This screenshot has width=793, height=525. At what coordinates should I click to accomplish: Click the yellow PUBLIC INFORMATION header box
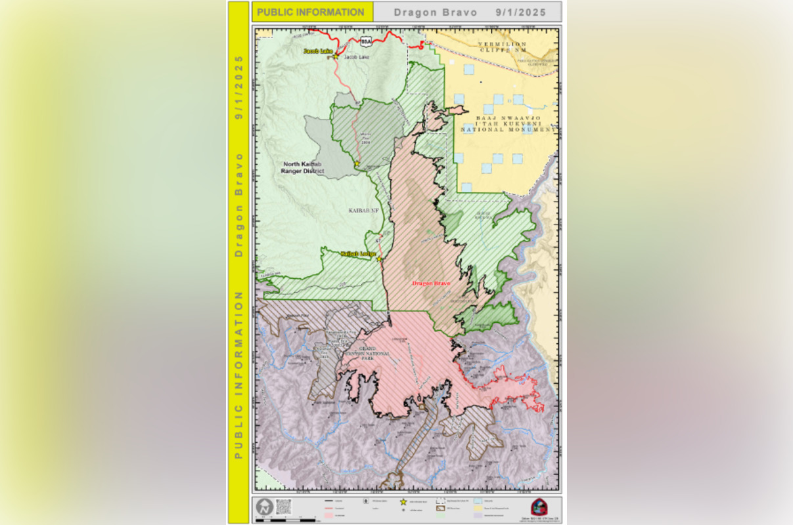point(312,12)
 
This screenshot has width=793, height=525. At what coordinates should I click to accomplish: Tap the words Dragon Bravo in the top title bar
point(436,12)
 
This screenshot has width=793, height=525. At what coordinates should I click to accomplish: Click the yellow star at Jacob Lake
point(335,56)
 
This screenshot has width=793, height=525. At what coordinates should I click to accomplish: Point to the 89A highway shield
point(366,41)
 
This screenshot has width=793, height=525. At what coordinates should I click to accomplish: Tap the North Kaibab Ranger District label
point(303,167)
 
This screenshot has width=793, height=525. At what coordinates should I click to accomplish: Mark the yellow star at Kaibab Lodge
point(380,259)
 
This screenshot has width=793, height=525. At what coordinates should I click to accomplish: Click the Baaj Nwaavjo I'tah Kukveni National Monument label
point(508,123)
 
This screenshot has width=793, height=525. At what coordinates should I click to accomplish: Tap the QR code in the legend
point(283,506)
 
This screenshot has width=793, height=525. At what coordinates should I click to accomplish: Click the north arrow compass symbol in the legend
point(264,507)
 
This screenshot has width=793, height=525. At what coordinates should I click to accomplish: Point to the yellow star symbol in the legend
point(403,501)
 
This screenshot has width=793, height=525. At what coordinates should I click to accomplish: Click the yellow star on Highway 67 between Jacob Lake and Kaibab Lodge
point(357,163)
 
